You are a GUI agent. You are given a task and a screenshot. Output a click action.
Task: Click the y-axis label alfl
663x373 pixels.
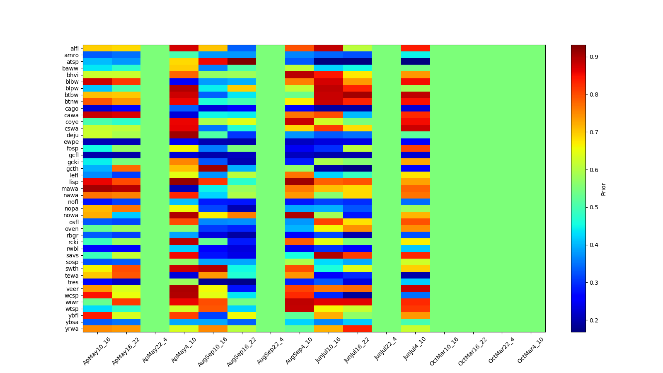pos(74,48)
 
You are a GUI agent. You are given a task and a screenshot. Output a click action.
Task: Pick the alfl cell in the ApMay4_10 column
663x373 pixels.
pos(184,48)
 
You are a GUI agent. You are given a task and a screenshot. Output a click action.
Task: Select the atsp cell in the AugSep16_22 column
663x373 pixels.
pos(242,62)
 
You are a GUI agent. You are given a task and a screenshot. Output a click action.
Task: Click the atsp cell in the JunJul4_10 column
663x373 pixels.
pos(415,62)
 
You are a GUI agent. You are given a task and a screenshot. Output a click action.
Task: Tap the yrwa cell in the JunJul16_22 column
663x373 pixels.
pos(357,329)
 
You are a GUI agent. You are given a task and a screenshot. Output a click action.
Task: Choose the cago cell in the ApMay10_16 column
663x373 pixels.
pos(97,109)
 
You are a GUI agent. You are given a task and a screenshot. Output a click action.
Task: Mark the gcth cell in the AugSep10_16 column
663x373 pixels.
pos(213,169)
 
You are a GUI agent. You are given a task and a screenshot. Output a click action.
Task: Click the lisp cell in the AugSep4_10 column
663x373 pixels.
pos(300,182)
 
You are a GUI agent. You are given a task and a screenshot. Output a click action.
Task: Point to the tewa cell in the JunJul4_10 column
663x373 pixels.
pos(415,275)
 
